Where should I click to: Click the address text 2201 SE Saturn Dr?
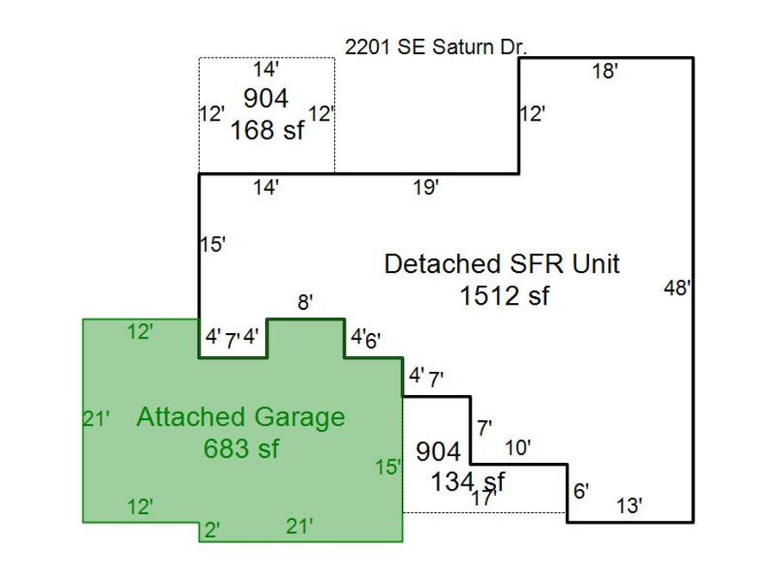[435, 48]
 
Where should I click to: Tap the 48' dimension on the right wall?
[678, 289]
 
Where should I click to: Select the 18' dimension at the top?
[605, 72]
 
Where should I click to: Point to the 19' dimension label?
[426, 188]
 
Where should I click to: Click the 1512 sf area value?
[504, 296]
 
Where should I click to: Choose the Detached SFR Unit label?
[501, 263]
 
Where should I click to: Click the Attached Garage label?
[240, 417]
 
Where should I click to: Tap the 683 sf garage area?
[241, 448]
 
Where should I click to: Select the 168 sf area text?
[267, 131]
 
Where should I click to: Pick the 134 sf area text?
[468, 482]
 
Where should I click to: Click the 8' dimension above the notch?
[305, 302]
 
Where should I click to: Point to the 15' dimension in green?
[388, 467]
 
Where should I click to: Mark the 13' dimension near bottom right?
[629, 507]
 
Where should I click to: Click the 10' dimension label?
[518, 448]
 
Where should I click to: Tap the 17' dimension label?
[484, 498]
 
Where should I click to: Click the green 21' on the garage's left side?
[96, 419]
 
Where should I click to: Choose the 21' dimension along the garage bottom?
[300, 527]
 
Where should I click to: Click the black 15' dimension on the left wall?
[213, 244]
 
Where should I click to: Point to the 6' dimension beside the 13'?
[581, 491]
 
